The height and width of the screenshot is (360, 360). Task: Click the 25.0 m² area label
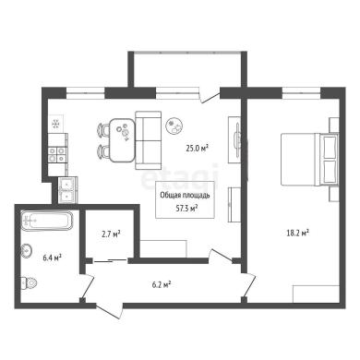(x=198, y=149)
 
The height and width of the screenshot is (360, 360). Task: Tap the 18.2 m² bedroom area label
(x=297, y=233)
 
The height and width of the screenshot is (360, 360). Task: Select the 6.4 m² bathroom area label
(x=52, y=257)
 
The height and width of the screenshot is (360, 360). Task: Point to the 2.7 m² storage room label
(x=111, y=234)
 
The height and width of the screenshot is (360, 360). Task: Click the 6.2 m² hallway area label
(x=162, y=285)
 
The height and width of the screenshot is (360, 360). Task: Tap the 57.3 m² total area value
(x=186, y=209)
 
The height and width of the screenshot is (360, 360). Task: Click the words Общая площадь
(x=185, y=196)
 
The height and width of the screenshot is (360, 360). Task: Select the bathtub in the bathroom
(x=47, y=221)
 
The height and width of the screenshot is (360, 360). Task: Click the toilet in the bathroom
(x=29, y=282)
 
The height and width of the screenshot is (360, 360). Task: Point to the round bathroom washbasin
(x=27, y=251)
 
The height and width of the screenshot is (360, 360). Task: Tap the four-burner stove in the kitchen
(x=57, y=155)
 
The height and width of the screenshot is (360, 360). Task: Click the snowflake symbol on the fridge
(x=55, y=124)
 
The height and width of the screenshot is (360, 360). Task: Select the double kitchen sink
(x=67, y=190)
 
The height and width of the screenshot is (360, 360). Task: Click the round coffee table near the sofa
(x=174, y=126)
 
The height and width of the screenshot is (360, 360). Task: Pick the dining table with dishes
(x=123, y=140)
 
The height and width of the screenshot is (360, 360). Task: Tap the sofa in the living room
(x=149, y=140)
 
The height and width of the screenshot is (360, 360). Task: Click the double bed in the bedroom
(x=310, y=160)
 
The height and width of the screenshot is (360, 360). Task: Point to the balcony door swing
(x=210, y=95)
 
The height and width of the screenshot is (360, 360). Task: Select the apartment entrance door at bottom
(x=110, y=311)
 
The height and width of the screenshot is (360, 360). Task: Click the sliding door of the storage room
(x=110, y=261)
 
